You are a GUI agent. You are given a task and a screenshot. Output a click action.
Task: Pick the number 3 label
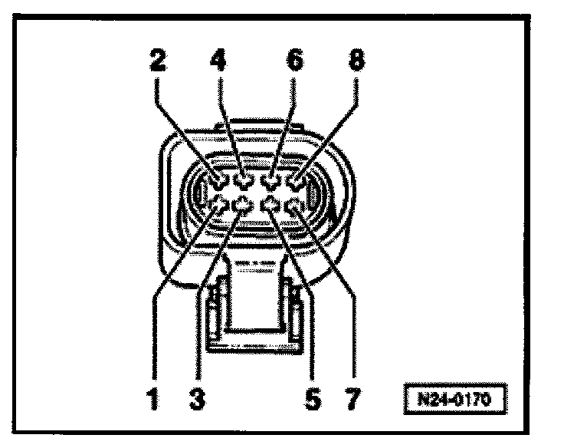point(198,400)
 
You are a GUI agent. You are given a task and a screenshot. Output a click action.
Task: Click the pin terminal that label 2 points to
point(220,182)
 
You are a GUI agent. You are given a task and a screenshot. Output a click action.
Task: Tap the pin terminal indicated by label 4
point(244,181)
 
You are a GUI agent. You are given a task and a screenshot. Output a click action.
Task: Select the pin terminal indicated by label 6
point(269,181)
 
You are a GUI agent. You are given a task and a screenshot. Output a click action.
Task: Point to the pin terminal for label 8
point(294,182)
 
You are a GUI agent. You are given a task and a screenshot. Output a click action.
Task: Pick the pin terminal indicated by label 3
point(244,204)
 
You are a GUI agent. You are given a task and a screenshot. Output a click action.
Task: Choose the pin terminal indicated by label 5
point(271,204)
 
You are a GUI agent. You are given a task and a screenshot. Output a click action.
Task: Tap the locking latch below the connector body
point(251,307)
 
